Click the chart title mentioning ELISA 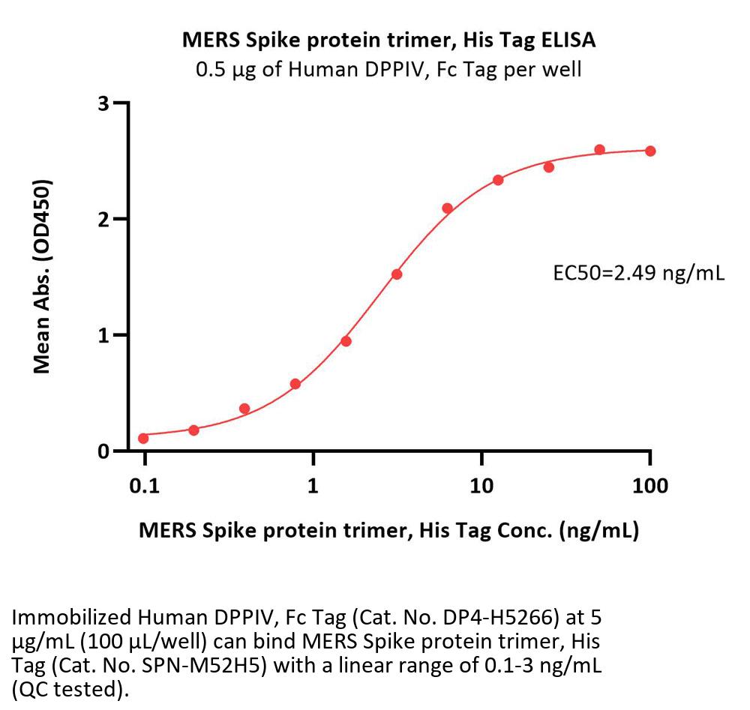[388, 40]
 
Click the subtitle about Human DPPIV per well [388, 70]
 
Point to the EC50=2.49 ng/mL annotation [638, 273]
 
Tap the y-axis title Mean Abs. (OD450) [42, 277]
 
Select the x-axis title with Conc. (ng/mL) [388, 530]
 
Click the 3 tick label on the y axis [103, 103]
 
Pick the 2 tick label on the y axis [103, 220]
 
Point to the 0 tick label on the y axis [103, 451]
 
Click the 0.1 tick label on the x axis [145, 486]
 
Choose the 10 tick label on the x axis [481, 486]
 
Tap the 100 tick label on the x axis [650, 486]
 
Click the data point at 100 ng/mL [650, 151]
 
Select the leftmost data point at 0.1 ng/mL [143, 438]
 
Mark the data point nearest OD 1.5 [397, 274]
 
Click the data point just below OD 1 [346, 341]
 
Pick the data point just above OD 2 [447, 208]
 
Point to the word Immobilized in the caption [72, 618]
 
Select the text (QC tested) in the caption [70, 690]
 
